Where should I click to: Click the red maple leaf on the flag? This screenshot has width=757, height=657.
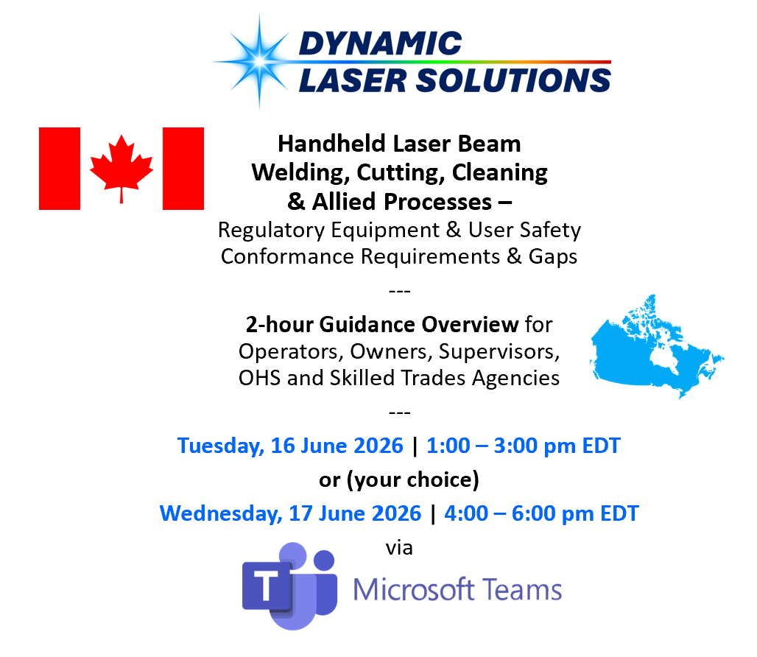(x=122, y=166)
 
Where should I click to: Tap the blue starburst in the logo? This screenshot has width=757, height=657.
(x=259, y=61)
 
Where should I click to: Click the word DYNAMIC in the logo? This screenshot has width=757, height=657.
(x=381, y=43)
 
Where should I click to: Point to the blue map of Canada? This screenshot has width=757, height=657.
(x=657, y=347)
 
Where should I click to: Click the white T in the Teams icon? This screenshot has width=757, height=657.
(x=266, y=586)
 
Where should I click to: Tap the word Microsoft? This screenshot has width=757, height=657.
(x=413, y=589)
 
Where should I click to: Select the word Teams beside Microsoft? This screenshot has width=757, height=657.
(x=522, y=590)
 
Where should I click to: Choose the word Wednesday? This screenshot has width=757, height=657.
(x=221, y=513)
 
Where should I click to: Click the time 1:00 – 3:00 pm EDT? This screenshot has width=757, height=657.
(x=524, y=446)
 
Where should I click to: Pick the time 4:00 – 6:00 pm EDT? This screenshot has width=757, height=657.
(x=541, y=513)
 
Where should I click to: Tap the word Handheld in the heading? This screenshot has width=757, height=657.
(x=331, y=144)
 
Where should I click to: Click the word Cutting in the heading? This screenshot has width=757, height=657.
(x=401, y=173)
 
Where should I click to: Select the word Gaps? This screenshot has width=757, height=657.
(x=553, y=257)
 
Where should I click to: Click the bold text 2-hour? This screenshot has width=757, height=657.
(x=279, y=324)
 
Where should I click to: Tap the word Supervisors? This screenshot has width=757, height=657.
(x=499, y=352)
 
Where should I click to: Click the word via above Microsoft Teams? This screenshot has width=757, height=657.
(x=399, y=549)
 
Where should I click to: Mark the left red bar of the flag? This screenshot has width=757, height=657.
(x=60, y=169)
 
